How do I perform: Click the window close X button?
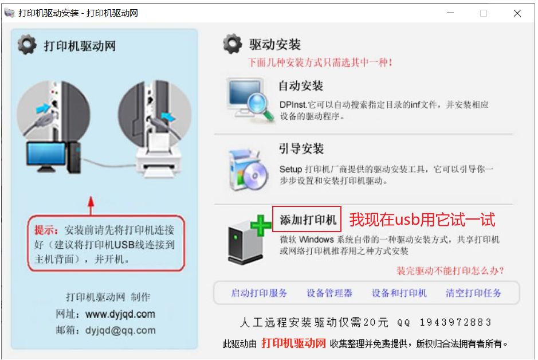(517, 13)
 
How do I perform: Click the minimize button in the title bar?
(450, 13)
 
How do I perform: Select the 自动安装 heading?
(301, 86)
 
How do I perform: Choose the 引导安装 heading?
(301, 148)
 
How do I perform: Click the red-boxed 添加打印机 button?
(307, 219)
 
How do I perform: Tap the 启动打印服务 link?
(259, 293)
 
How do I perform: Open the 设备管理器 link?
(329, 293)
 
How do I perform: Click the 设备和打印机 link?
(399, 293)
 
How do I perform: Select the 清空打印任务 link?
(473, 293)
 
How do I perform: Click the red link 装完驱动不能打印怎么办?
(450, 271)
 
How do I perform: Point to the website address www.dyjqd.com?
(120, 314)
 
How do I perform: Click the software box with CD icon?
(249, 170)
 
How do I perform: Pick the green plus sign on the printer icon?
(261, 225)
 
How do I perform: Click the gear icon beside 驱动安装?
(232, 44)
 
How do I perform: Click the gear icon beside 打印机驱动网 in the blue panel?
(27, 45)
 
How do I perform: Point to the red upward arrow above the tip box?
(91, 206)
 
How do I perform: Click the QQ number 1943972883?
(455, 322)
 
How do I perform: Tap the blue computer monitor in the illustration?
(46, 156)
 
